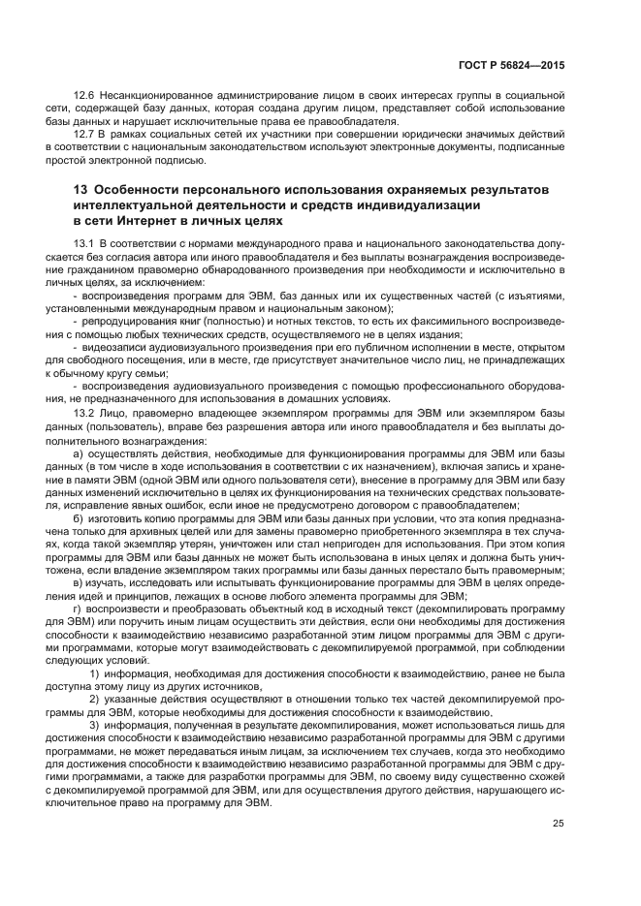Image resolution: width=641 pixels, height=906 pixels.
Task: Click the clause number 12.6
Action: point(84,98)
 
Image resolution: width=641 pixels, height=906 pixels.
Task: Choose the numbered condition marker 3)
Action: point(94,725)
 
